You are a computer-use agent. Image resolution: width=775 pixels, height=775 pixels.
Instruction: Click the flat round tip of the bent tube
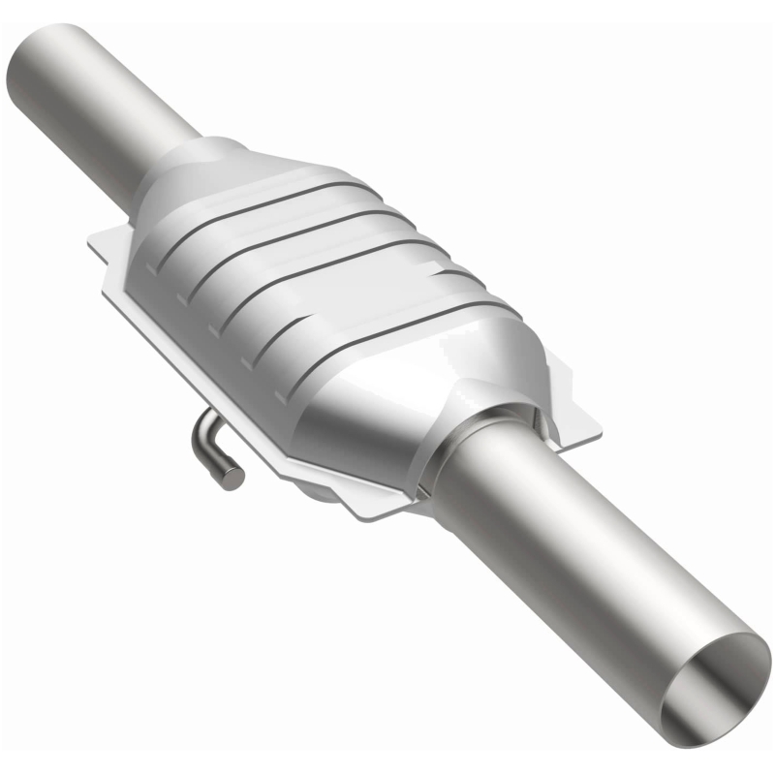tap(232, 477)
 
